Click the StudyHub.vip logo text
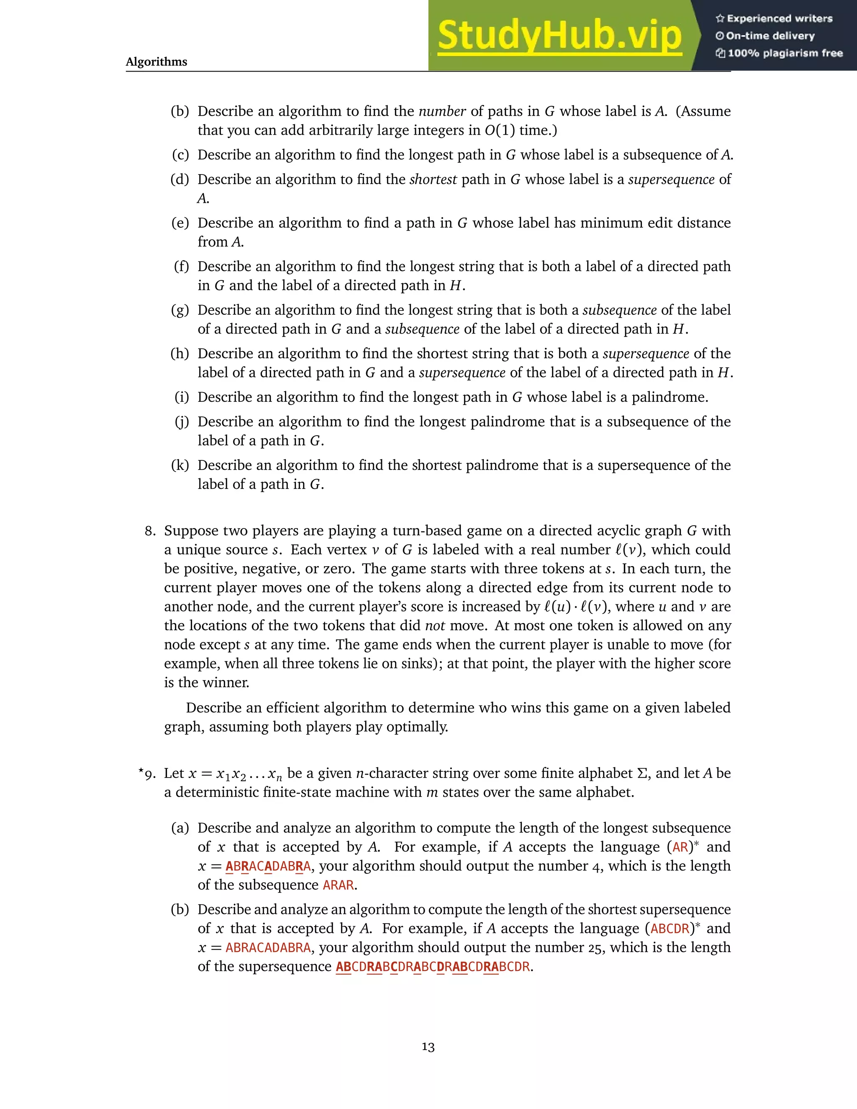click(559, 36)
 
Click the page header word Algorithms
click(157, 62)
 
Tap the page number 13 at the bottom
click(428, 1047)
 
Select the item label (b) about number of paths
click(180, 111)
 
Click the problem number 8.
click(150, 531)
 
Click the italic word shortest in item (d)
click(433, 179)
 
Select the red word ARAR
click(338, 885)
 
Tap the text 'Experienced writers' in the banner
click(779, 19)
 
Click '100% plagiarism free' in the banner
click(785, 53)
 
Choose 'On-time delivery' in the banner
click(770, 36)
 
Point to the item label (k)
click(180, 465)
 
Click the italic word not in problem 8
click(435, 626)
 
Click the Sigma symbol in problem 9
click(642, 773)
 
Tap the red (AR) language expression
click(680, 847)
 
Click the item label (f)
click(181, 267)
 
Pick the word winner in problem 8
click(228, 683)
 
